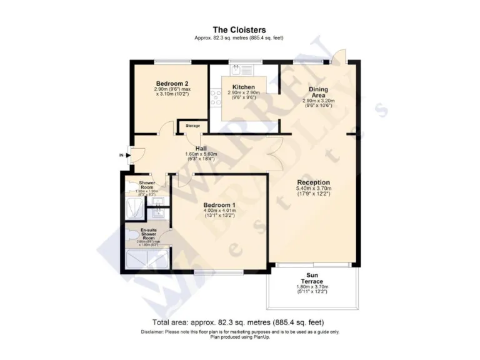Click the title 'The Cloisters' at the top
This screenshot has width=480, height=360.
(x=239, y=29)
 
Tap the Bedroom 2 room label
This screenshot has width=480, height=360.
(x=172, y=84)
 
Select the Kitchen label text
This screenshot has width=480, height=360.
(x=243, y=87)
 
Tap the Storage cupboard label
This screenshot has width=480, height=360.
(x=192, y=126)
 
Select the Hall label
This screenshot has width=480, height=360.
(x=201, y=148)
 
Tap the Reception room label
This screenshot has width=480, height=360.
(x=313, y=182)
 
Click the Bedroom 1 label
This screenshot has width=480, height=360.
(x=220, y=205)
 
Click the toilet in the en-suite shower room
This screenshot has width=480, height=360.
(x=129, y=235)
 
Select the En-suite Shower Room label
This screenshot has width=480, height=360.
(x=147, y=234)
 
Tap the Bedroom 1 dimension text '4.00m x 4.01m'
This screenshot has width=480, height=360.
(x=220, y=211)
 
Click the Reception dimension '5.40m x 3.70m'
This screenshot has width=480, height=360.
(x=313, y=188)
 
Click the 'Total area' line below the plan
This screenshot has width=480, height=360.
(x=239, y=322)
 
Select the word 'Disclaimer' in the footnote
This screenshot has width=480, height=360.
(x=154, y=332)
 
